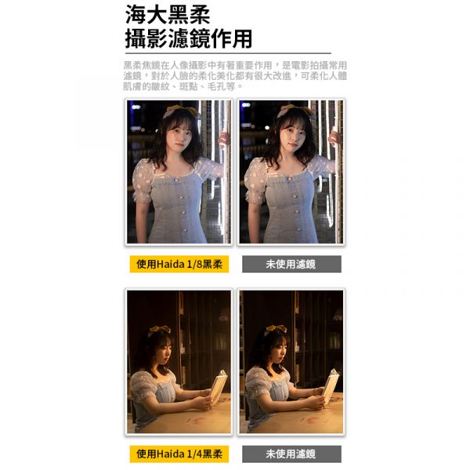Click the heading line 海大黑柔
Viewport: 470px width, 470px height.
click(168, 14)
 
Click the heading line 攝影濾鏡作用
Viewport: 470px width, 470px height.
click(189, 38)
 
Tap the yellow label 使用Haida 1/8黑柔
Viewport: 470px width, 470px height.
click(179, 264)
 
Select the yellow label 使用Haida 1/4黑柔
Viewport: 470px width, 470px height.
click(179, 454)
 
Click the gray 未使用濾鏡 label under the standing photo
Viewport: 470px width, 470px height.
click(291, 264)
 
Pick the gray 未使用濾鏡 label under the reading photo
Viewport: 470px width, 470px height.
click(291, 454)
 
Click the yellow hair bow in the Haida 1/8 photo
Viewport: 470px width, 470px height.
click(181, 111)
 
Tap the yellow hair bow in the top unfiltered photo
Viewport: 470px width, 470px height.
click(295, 111)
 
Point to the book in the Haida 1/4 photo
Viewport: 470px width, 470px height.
click(219, 386)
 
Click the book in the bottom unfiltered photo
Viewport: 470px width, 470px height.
click(331, 386)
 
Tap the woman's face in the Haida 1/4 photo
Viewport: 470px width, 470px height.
click(165, 352)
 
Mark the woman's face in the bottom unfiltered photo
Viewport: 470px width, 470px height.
click(279, 352)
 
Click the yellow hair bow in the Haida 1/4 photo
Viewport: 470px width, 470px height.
click(160, 329)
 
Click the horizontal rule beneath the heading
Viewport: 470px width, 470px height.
click(228, 53)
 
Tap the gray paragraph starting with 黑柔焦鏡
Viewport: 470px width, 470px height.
click(235, 76)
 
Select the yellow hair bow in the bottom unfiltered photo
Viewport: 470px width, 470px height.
click(276, 329)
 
